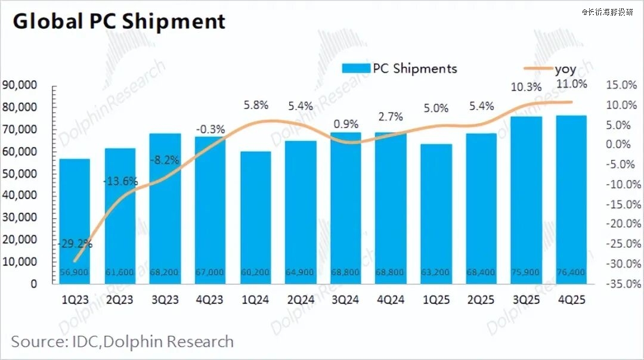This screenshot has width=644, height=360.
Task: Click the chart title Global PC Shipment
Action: (119, 21)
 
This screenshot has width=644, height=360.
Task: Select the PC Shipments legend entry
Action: (400, 69)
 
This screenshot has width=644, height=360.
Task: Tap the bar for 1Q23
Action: (75, 221)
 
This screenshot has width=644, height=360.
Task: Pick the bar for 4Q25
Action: (571, 200)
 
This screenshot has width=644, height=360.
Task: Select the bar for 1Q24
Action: (255, 218)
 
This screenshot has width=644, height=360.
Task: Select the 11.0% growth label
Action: (572, 83)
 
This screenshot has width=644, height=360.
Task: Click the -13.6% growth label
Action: (120, 181)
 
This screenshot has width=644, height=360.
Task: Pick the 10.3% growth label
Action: (527, 87)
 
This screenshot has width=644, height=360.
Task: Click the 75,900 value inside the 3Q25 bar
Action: (526, 272)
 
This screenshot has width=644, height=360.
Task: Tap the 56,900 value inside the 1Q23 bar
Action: (75, 272)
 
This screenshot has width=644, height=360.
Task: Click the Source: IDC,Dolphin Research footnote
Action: (122, 342)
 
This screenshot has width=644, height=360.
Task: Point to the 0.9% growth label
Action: (346, 125)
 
